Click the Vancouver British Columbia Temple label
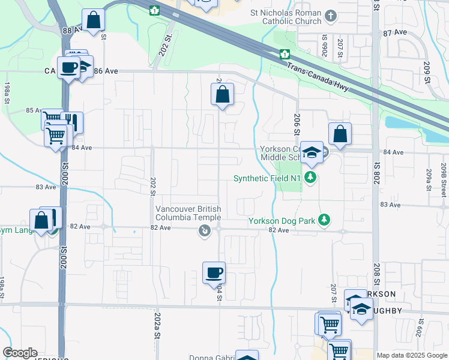pyautogui.click(x=188, y=213)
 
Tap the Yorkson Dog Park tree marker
pyautogui.click(x=325, y=220)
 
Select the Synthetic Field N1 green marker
pyautogui.click(x=310, y=178)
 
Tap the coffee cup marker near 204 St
pyautogui.click(x=214, y=273)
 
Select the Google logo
pyautogui.click(x=20, y=353)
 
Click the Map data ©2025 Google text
pyautogui.click(x=412, y=355)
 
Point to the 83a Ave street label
pyautogui.click(x=390, y=205)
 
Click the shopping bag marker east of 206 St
pyautogui.click(x=340, y=134)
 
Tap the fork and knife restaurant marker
pyautogui.click(x=71, y=122)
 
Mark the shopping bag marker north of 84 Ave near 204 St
pyautogui.click(x=222, y=94)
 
